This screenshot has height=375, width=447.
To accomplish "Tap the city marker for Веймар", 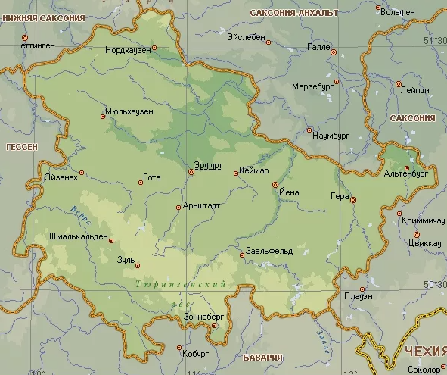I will (x=236, y=173).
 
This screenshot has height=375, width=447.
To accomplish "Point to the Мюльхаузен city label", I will (x=129, y=111).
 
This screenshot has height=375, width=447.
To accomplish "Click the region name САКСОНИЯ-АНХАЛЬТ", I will (x=293, y=14).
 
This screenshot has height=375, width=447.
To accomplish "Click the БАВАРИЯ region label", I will (x=263, y=357).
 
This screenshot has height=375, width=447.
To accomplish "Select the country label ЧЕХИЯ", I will (x=424, y=352).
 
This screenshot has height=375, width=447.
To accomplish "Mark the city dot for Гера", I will (x=352, y=200).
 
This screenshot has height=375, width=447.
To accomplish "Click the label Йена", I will (x=289, y=192).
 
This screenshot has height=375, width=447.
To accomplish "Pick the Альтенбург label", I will (x=406, y=173).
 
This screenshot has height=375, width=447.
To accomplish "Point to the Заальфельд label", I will (x=269, y=250).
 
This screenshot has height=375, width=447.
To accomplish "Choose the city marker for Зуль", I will (x=138, y=265).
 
